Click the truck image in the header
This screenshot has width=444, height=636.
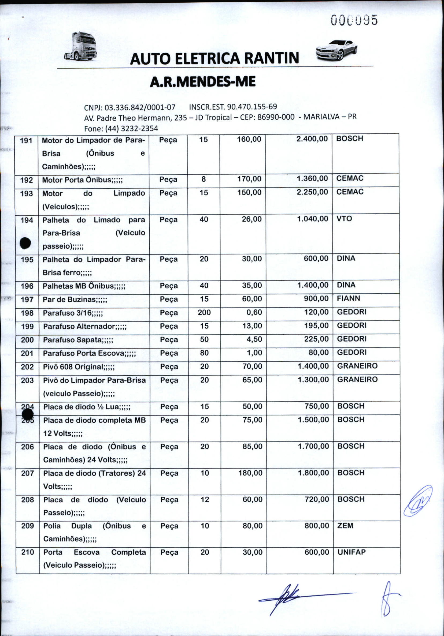pyautogui.click(x=81, y=46)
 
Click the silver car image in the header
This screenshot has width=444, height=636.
pyautogui.click(x=336, y=50)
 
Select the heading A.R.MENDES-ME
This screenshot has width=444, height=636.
pyautogui.click(x=202, y=82)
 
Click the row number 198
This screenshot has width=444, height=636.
pyautogui.click(x=27, y=313)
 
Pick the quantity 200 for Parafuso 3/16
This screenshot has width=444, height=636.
pyautogui.click(x=204, y=312)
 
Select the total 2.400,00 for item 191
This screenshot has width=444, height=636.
pyautogui.click(x=312, y=139)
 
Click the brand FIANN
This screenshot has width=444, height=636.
pyautogui.click(x=348, y=298)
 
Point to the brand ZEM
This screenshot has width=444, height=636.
pyautogui.click(x=345, y=525)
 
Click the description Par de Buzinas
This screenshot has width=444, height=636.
pyautogui.click(x=75, y=300)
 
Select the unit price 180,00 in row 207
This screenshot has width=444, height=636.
pyautogui.click(x=250, y=473)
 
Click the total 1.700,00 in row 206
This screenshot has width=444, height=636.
pyautogui.click(x=313, y=446)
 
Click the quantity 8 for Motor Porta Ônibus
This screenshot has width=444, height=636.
pyautogui.click(x=204, y=179)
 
